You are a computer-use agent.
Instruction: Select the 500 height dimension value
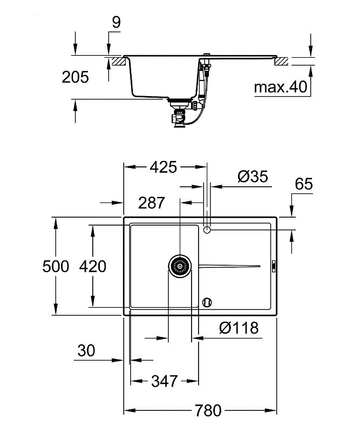coord(56,266)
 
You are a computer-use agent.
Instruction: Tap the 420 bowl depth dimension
coord(92,266)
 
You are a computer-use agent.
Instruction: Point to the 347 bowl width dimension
coord(164,381)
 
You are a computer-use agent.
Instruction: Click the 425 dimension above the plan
coord(164,167)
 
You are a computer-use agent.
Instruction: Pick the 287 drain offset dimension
coord(151,203)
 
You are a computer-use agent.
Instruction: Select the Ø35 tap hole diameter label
coord(253,177)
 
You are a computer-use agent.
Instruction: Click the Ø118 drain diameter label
coord(239,328)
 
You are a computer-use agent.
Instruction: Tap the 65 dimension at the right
coord(304,184)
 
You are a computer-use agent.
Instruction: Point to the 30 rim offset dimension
coord(86,350)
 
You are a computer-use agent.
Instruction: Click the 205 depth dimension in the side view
coord(75,77)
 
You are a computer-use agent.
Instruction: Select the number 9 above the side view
coord(116,22)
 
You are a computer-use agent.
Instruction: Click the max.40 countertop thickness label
coord(281,87)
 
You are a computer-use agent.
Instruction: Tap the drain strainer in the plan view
coord(180,266)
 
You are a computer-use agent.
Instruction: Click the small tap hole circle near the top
coord(207,229)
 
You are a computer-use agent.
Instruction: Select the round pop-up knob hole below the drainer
coord(207,302)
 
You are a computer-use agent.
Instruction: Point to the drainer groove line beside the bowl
coord(229,266)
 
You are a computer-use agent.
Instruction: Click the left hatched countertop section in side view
coord(118,61)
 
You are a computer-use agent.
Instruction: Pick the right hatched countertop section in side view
coord(281,61)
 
